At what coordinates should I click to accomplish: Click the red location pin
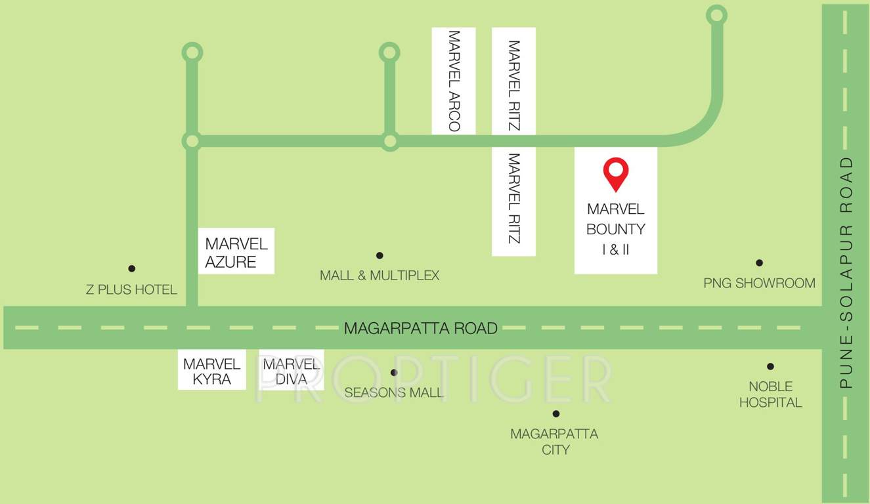point(616,173)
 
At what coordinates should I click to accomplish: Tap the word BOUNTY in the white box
point(615,229)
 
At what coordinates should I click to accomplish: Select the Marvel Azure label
point(236,253)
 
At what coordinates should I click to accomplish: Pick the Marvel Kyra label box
point(212,371)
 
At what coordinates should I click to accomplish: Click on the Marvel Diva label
point(291,371)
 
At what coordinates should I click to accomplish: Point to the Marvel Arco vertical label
point(453,81)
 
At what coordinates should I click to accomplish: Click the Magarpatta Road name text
point(421,328)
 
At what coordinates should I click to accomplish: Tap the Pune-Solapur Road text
point(846,272)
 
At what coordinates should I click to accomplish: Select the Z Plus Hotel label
point(131,289)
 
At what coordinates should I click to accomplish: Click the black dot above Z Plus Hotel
point(132,268)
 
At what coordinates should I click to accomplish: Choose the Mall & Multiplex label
point(380,276)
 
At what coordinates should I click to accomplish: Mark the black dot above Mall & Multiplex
point(380,255)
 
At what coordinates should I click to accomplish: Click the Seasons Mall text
point(394,392)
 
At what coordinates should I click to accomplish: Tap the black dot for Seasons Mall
point(394,373)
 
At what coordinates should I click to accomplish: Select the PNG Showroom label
point(759,283)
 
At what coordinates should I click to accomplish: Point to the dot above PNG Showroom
point(759,263)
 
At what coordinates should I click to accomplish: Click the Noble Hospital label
point(771,394)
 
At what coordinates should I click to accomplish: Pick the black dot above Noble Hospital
point(770,367)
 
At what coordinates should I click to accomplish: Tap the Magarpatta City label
point(555,442)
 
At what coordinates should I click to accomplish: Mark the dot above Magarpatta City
point(556,413)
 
